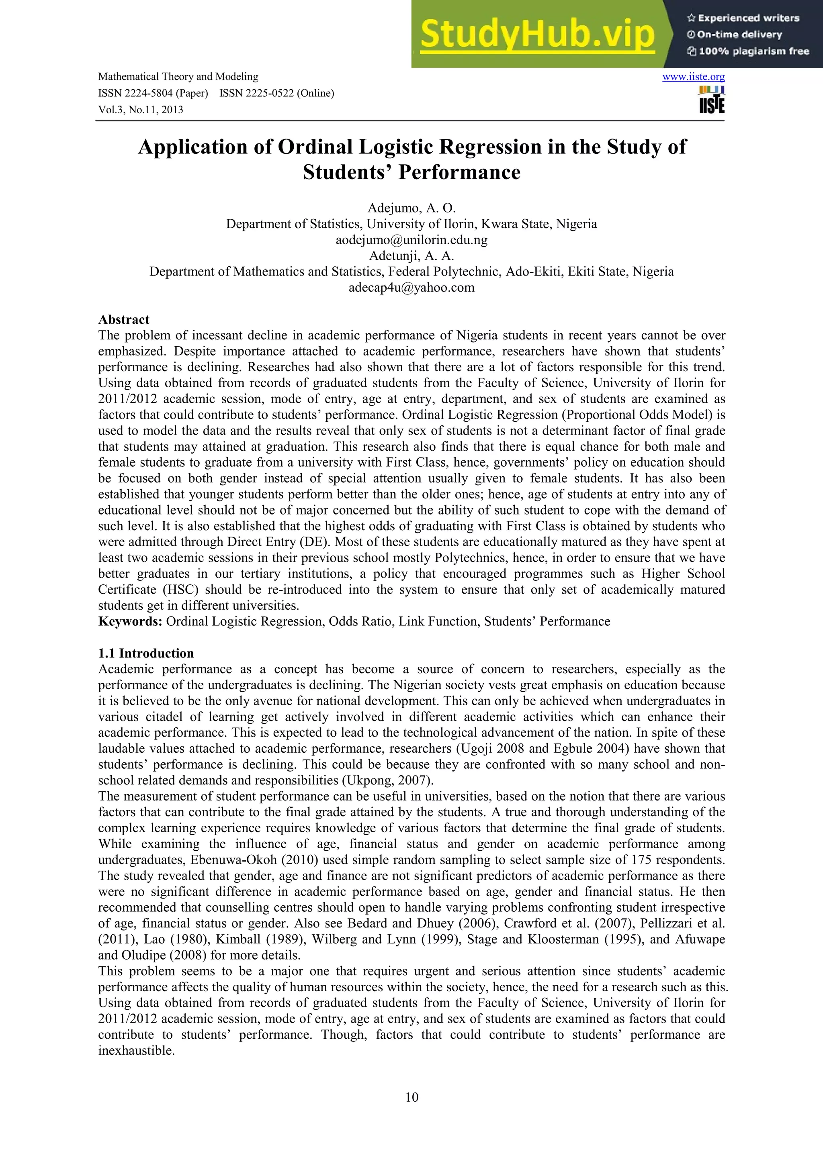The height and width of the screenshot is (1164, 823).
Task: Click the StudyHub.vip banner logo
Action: pyautogui.click(x=538, y=35)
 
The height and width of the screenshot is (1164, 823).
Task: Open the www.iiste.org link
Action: pyautogui.click(x=693, y=77)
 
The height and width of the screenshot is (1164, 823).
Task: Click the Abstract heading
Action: pyautogui.click(x=124, y=319)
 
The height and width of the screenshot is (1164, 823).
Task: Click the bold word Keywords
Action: pyautogui.click(x=130, y=621)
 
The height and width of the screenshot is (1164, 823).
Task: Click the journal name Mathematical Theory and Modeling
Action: pyautogui.click(x=178, y=77)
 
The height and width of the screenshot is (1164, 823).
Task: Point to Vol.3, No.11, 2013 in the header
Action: pyautogui.click(x=141, y=110)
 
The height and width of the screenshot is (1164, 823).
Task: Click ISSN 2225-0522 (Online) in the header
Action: pyautogui.click(x=277, y=93)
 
